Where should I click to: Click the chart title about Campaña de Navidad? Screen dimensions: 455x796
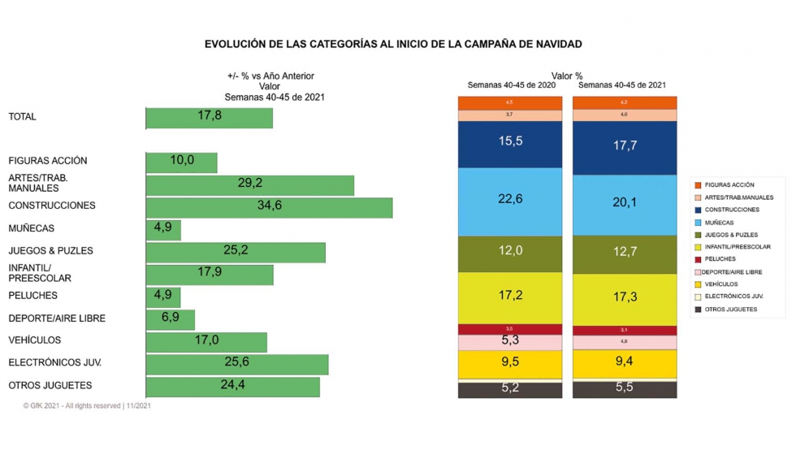point(393,44)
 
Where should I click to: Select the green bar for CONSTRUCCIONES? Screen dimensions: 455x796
point(269,206)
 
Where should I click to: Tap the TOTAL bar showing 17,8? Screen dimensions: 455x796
point(209,117)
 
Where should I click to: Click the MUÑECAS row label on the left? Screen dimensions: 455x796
point(31,228)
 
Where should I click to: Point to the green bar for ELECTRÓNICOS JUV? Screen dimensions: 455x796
point(236,363)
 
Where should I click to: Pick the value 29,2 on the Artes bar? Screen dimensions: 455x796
point(249,184)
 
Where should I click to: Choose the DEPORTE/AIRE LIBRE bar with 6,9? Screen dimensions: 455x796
point(170,318)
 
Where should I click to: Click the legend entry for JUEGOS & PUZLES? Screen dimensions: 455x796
point(731,235)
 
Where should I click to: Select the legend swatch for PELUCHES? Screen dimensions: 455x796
point(698,259)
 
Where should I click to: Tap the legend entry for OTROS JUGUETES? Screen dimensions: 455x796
point(730,310)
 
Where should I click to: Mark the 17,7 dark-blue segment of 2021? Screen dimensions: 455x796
point(625,147)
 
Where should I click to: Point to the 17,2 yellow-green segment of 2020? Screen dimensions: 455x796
point(510,297)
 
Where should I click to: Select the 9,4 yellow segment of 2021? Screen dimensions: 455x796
point(625,364)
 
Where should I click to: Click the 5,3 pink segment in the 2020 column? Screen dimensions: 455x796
point(510,341)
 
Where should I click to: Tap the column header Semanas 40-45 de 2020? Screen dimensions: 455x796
point(511,84)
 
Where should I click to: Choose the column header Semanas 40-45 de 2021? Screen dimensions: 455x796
point(622,84)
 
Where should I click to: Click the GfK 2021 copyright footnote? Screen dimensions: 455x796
point(87,405)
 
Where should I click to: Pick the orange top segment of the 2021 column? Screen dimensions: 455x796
point(625,103)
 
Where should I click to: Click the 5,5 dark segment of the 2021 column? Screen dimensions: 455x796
point(625,389)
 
